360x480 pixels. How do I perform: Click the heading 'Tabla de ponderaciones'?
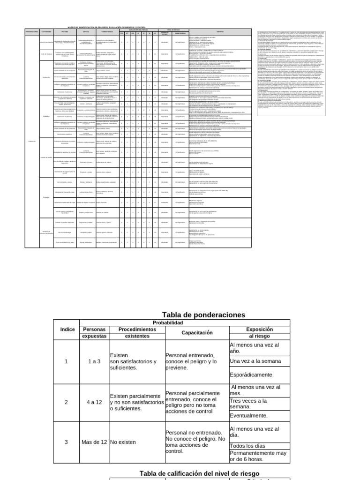point(197,315)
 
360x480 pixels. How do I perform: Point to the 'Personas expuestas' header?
point(95,332)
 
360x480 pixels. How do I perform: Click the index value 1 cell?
point(66,361)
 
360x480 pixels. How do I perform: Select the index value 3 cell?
point(66,442)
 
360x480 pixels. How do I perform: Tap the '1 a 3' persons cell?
point(95,361)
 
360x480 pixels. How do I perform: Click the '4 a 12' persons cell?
point(95,402)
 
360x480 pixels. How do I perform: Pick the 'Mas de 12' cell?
point(95,442)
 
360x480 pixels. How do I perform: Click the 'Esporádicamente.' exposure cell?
point(251,375)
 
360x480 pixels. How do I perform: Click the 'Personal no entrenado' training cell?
point(196,442)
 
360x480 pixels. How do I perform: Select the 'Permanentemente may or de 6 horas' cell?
point(258,456)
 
